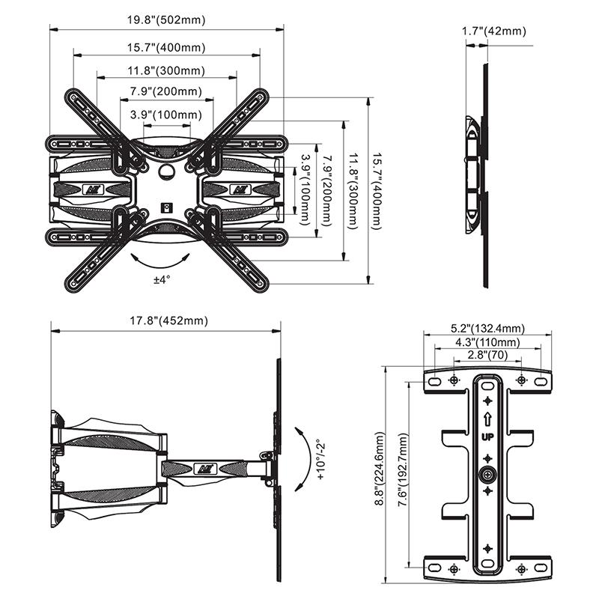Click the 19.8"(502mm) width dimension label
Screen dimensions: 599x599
(166, 20)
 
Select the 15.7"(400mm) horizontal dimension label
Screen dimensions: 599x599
(166, 47)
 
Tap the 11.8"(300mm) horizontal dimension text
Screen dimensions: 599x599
(166, 70)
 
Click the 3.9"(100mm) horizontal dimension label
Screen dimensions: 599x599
(165, 115)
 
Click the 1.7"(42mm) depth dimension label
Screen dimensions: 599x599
(494, 31)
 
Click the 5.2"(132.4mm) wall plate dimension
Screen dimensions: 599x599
(488, 329)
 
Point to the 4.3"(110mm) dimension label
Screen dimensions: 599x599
(488, 342)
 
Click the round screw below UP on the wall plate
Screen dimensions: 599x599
(487, 474)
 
